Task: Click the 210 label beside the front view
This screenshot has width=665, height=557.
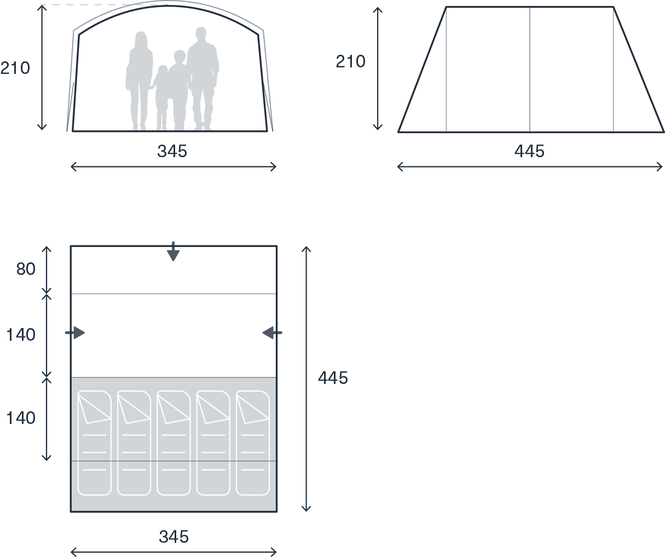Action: (15, 68)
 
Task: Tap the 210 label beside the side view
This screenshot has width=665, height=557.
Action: (350, 61)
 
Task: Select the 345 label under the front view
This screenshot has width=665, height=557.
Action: (172, 151)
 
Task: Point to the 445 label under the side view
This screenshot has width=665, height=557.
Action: (529, 151)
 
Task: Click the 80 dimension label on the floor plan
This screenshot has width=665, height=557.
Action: (26, 268)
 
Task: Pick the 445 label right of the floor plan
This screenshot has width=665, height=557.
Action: (333, 378)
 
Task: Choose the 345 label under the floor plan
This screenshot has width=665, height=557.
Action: (174, 537)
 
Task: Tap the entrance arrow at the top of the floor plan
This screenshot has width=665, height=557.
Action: (174, 251)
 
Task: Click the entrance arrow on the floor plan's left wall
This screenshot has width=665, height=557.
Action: (75, 332)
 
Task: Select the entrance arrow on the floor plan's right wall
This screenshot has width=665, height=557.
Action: (273, 332)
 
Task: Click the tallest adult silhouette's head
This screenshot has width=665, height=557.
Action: (201, 32)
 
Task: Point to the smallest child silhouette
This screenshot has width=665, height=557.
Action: (162, 97)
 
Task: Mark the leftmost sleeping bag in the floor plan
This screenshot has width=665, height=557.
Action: (95, 443)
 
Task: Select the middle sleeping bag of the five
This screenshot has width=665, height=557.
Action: (174, 443)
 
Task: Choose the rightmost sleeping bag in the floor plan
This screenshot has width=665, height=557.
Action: (253, 443)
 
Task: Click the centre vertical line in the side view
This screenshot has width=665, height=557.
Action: (530, 69)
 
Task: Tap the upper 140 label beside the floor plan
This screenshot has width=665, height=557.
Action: (21, 335)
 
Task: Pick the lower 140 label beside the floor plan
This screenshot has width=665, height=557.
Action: (21, 418)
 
